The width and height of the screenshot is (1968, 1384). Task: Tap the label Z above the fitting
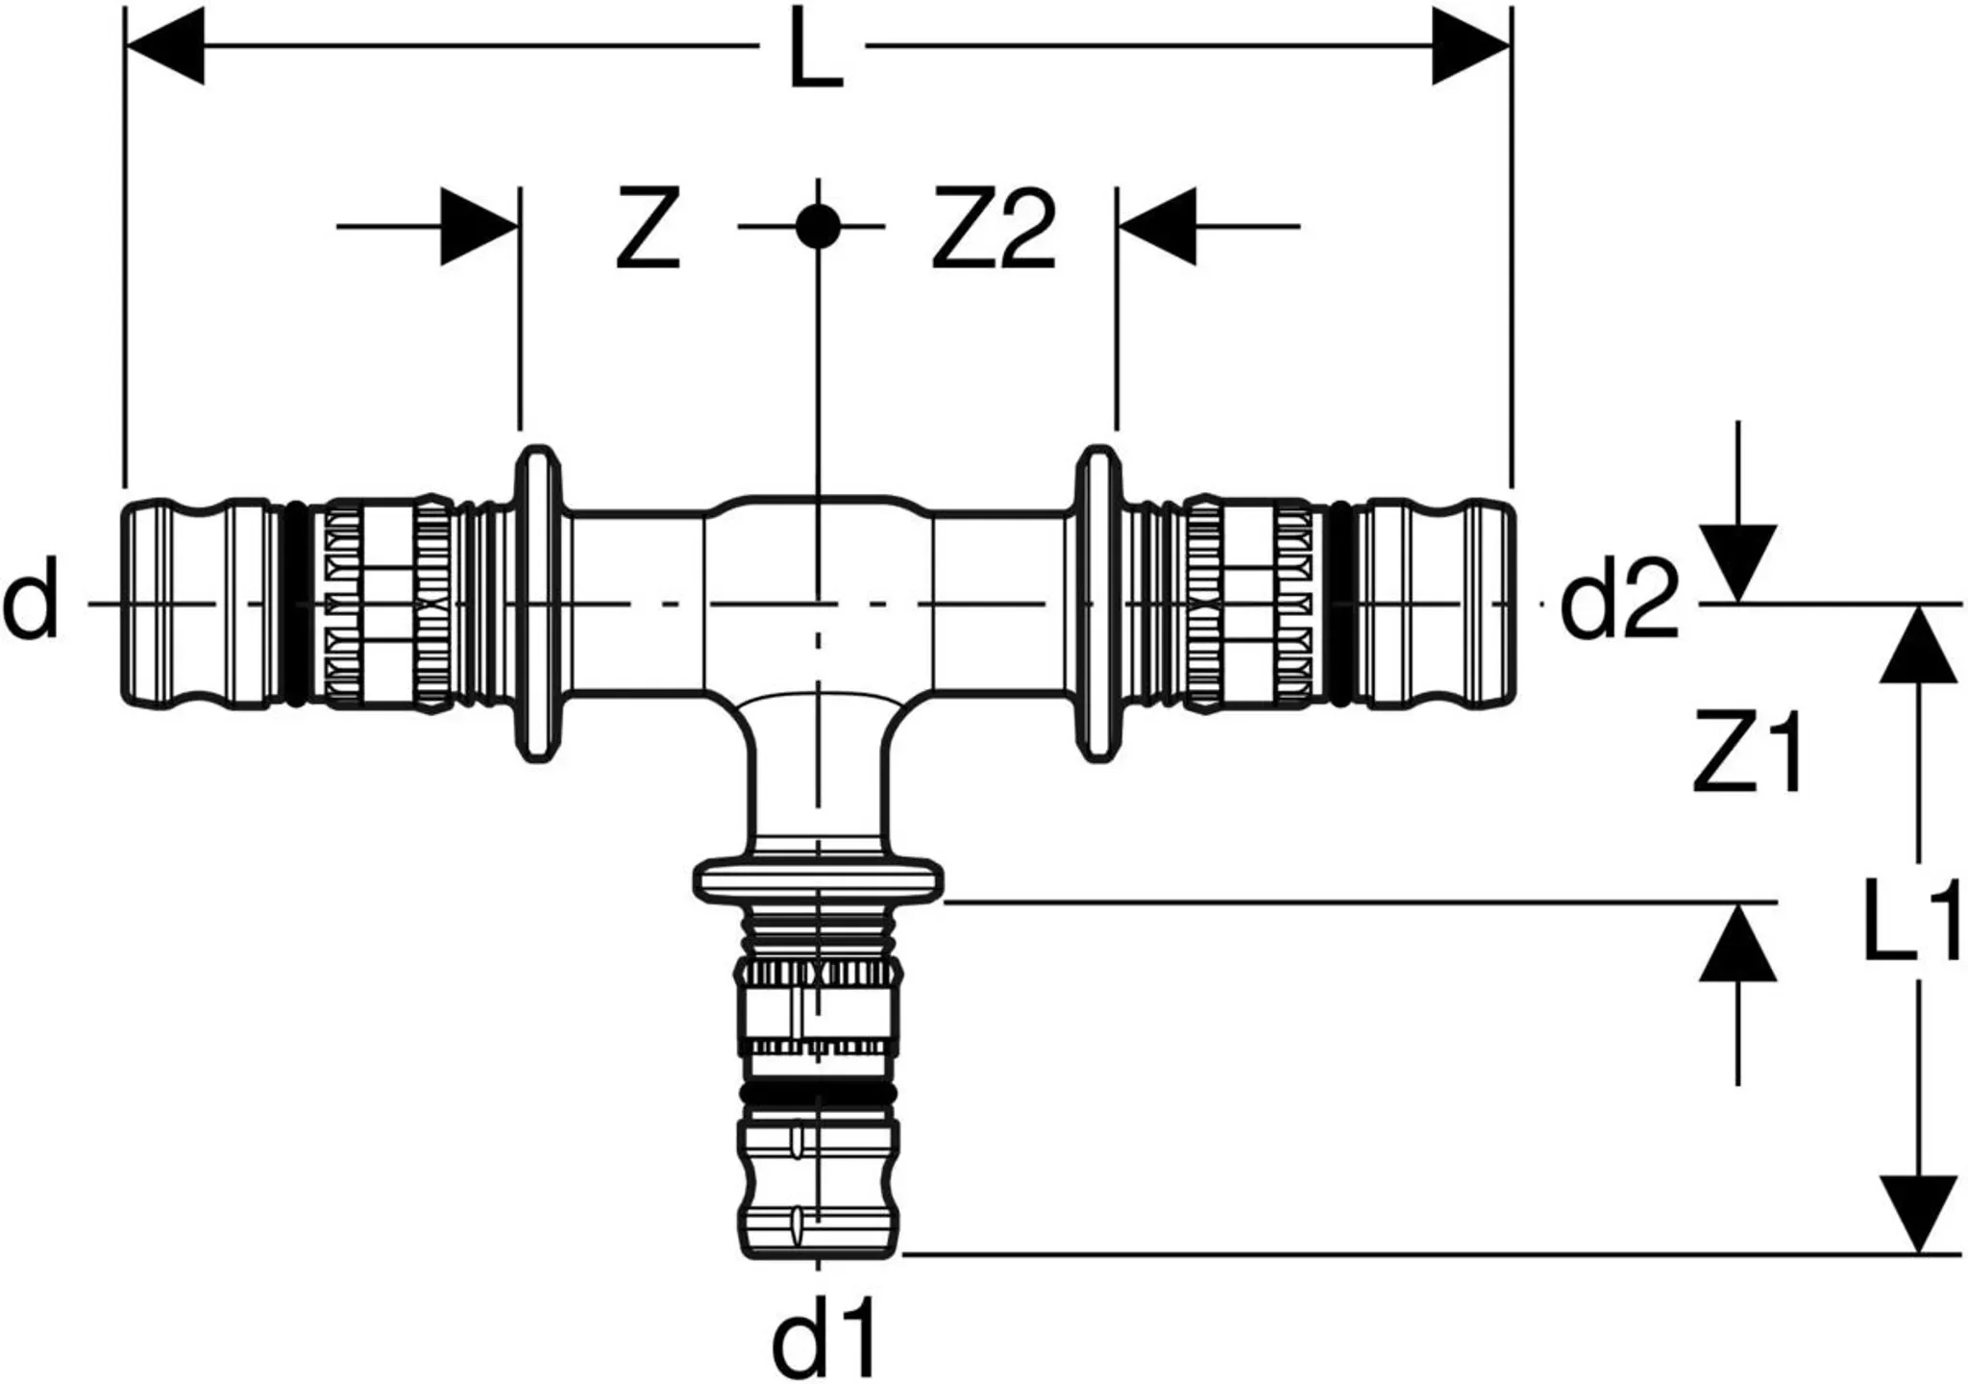[x=648, y=229]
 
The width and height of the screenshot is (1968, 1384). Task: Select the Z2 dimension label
[x=993, y=229]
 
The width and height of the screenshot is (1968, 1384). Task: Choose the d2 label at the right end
[x=1619, y=604]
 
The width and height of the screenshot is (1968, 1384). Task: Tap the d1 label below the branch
[x=824, y=1336]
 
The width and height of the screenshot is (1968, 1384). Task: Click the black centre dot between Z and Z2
[x=818, y=228]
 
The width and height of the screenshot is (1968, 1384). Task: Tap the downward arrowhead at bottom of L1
[x=1918, y=1213]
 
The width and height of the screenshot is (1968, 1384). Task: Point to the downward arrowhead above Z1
[x=1737, y=563]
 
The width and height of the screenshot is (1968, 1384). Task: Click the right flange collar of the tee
[x=1096, y=604]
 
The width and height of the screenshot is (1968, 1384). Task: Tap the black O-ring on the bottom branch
[x=818, y=1094]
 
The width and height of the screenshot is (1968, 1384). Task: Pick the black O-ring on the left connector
[x=297, y=604]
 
